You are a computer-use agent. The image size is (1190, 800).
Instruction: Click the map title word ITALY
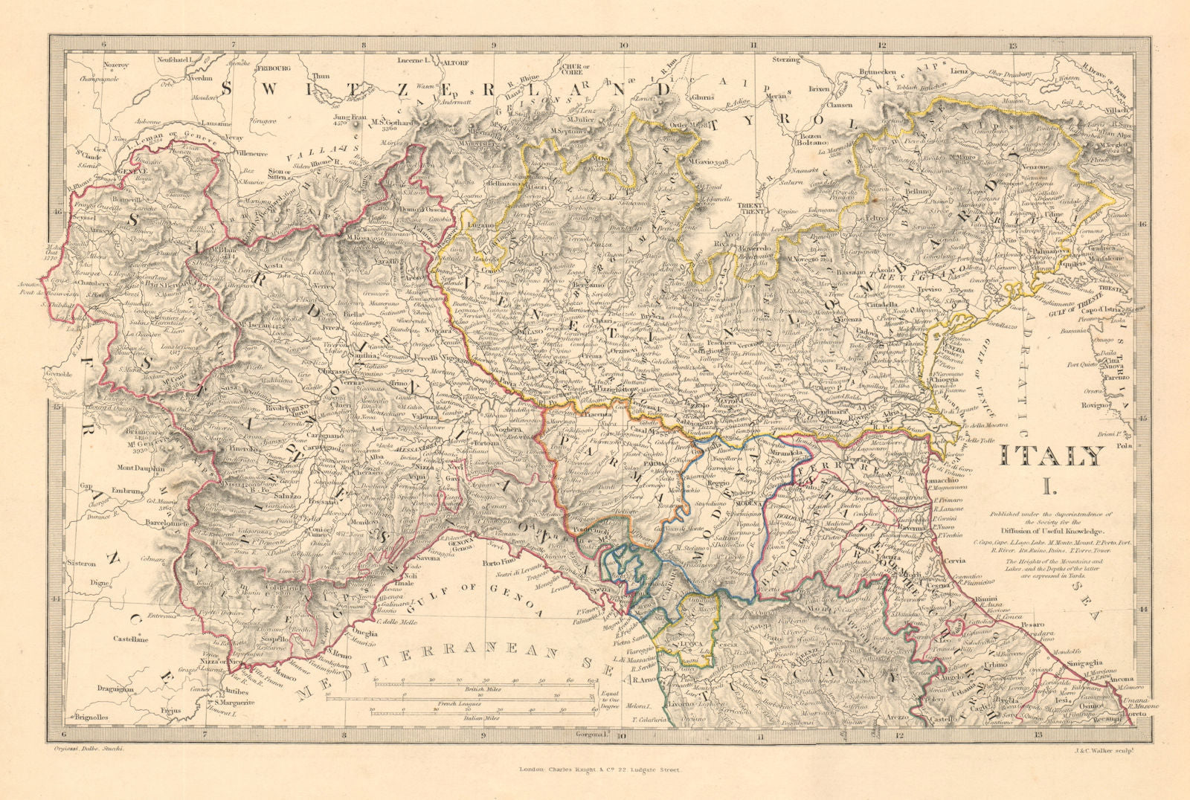(1051, 456)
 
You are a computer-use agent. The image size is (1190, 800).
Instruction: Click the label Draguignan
(115, 689)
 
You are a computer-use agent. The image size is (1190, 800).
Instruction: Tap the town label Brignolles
(91, 717)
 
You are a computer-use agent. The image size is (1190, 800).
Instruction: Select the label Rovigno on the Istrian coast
(1108, 405)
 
